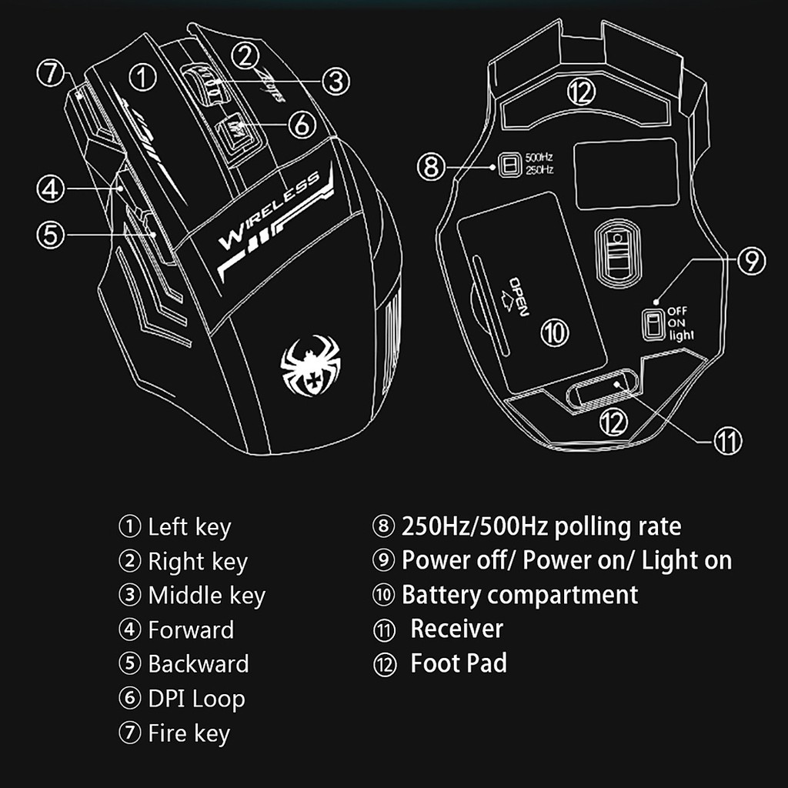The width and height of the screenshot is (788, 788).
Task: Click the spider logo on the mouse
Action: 310,365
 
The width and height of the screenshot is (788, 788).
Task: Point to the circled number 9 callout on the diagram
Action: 750,260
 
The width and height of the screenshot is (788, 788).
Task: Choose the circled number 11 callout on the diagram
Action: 727,440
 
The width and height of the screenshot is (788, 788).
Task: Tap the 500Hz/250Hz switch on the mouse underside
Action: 506,164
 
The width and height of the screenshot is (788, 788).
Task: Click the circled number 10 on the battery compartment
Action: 555,332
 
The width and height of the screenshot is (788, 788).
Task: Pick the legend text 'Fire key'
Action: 189,733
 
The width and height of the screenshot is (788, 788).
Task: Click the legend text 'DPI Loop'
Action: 196,699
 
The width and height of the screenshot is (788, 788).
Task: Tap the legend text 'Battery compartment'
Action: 519,595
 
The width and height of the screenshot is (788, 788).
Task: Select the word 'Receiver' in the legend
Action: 456,629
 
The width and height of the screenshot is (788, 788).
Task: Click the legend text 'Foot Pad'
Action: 459,663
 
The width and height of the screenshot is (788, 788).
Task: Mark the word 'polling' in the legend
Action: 596,526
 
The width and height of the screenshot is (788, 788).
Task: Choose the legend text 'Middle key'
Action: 206,596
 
